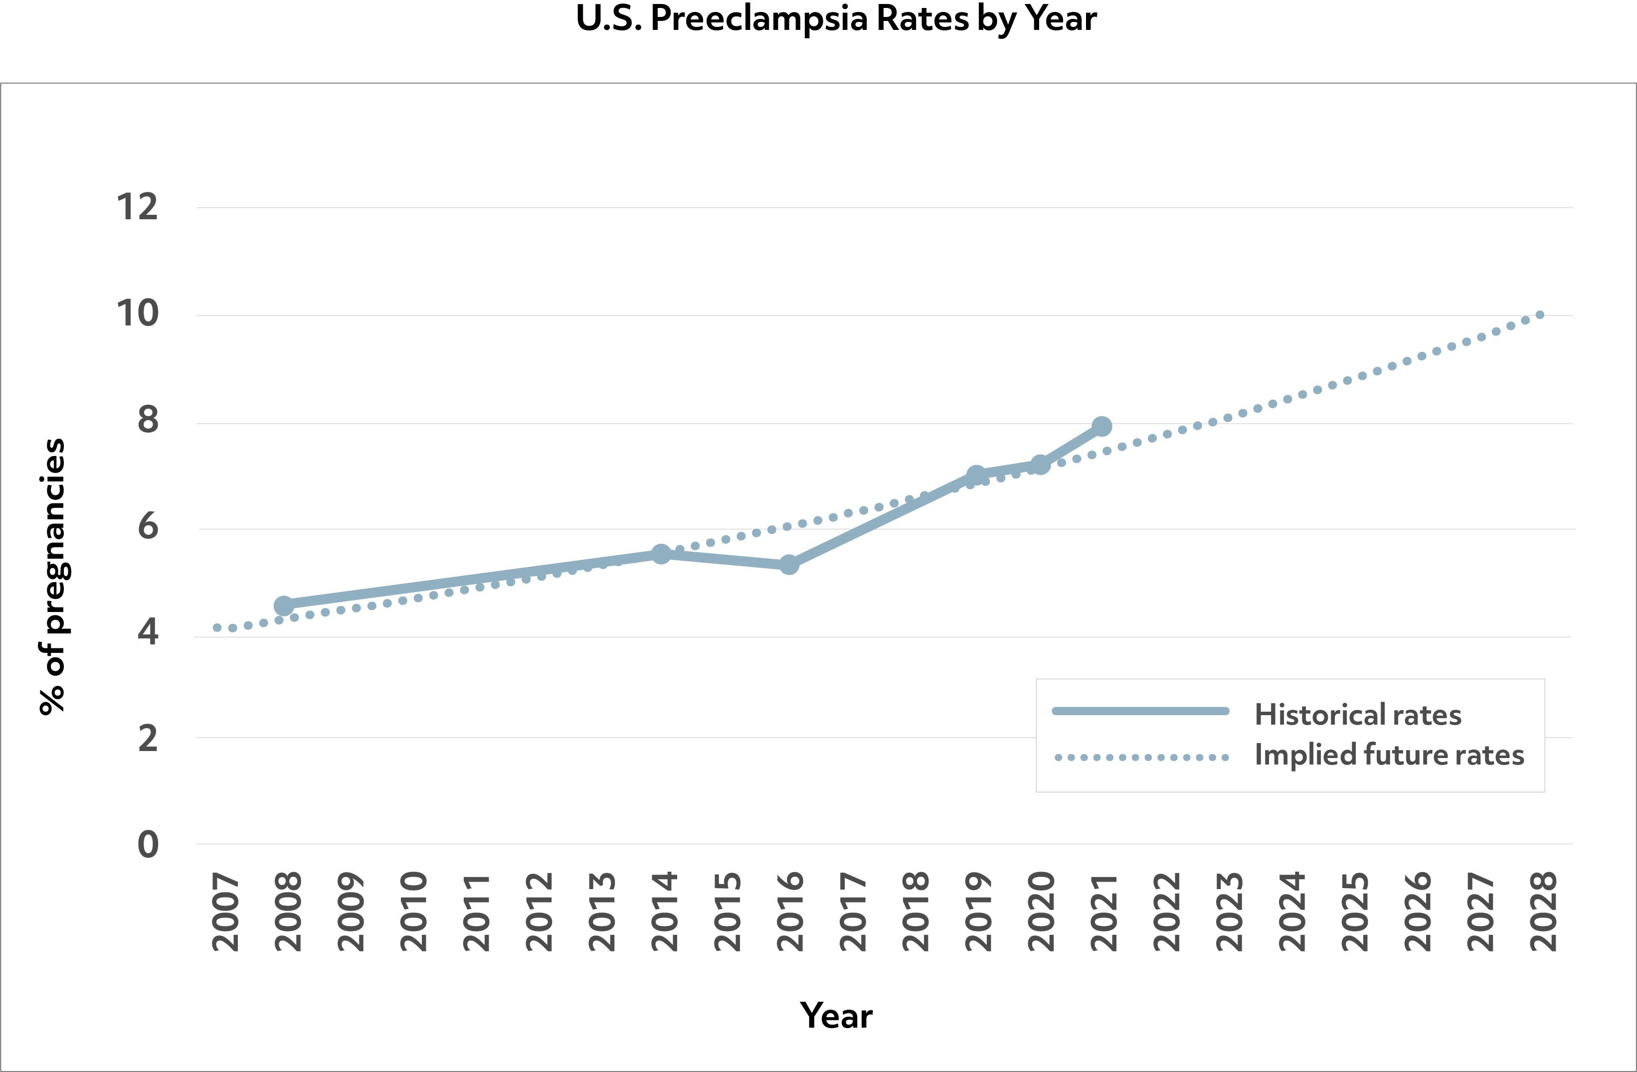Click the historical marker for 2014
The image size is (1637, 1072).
pos(661,554)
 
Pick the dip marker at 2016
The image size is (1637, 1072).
pos(789,565)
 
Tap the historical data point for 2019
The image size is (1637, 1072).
pos(975,475)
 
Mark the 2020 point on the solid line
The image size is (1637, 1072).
pos(1040,465)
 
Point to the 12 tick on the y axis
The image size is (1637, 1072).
pos(137,207)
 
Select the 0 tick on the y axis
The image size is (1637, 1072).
pos(148,844)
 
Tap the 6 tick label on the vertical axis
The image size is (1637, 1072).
pos(148,527)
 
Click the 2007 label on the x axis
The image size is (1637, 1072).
pos(225,912)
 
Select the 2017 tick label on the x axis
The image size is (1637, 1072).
pos(853,912)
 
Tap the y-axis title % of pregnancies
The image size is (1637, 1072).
pos(52,576)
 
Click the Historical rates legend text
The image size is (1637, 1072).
pos(1358,715)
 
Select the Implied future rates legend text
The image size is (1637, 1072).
pos(1389,755)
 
